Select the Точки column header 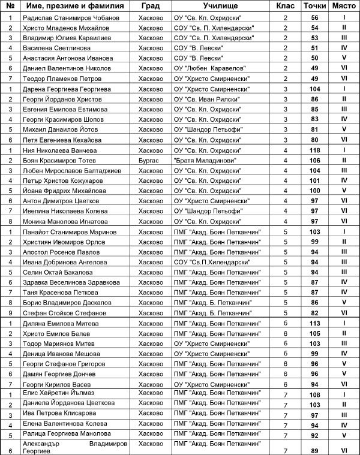coord(311,6)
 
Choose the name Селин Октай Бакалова coord(58,272)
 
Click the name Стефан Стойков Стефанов coord(62,312)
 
